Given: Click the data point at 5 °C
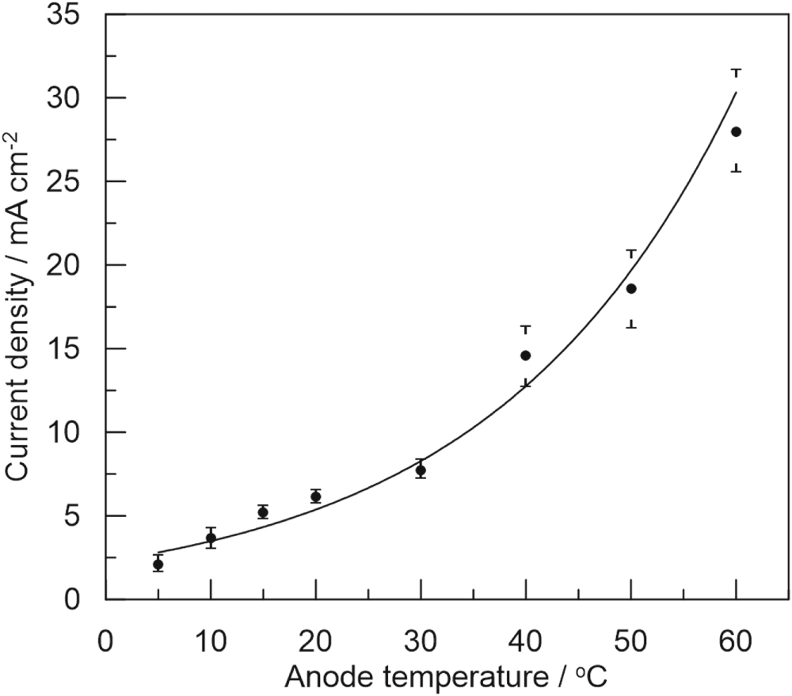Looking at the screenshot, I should (x=158, y=565).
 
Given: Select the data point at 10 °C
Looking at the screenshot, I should (x=211, y=538).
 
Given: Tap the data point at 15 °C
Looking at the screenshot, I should (x=263, y=512).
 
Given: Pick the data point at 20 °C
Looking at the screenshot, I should (x=315, y=496).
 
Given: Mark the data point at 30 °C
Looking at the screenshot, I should (x=421, y=470).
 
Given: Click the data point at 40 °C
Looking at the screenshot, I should (x=525, y=356).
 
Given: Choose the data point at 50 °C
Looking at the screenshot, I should (x=630, y=288).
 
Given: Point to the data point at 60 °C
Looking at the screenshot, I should (x=736, y=131).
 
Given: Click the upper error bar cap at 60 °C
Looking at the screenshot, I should (x=736, y=70).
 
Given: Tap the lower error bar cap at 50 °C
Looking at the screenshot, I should (x=630, y=326).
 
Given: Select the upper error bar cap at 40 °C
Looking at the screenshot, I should (x=525, y=326).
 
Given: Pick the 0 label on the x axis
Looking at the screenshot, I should (x=105, y=638).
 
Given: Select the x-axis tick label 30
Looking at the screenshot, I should (x=421, y=638).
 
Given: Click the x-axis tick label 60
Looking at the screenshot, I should (x=736, y=638).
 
